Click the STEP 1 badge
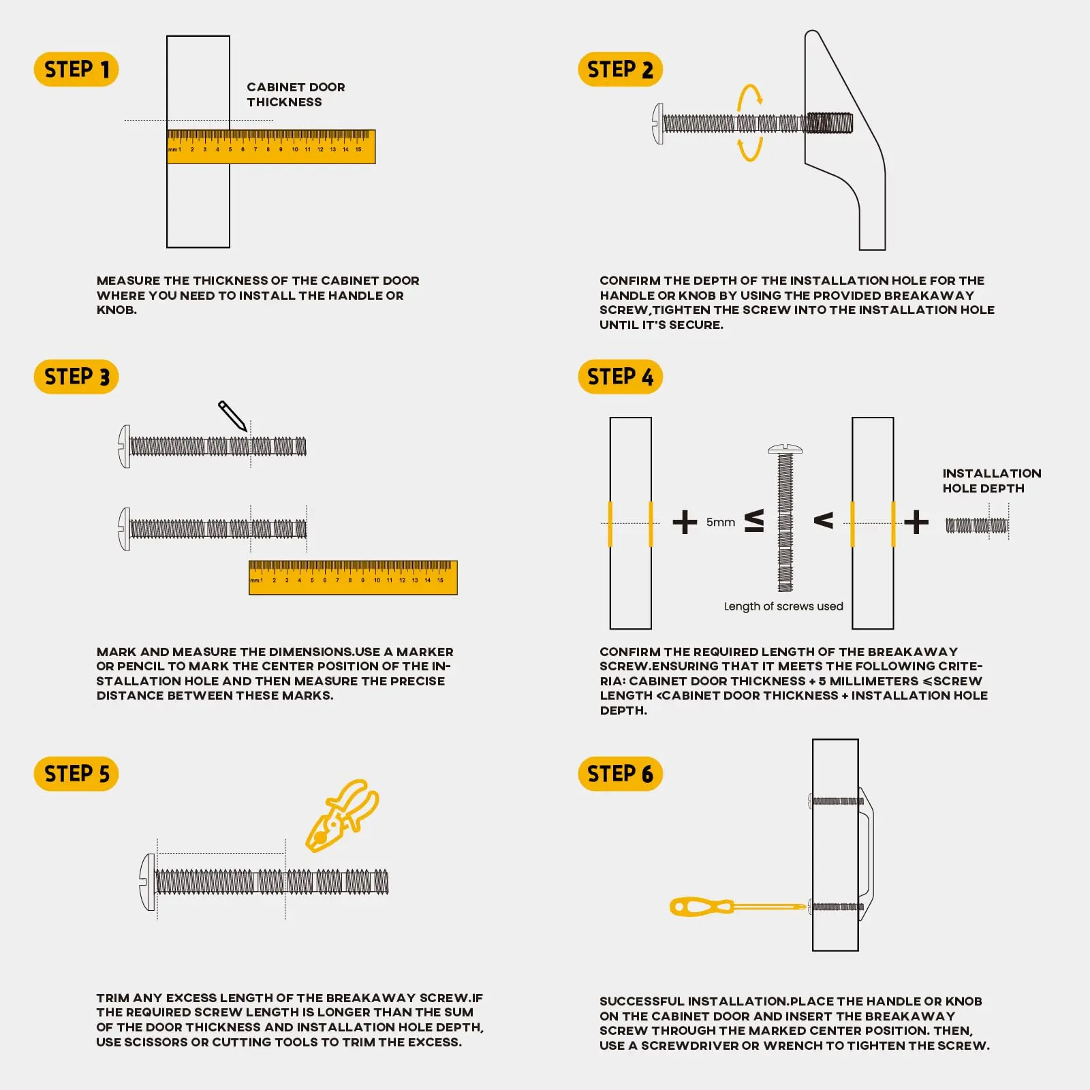[x=76, y=69]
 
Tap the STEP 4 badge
[x=620, y=377]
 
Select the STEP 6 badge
[x=620, y=774]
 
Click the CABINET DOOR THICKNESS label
[x=296, y=95]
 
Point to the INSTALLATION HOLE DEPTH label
[x=991, y=480]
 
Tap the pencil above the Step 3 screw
[x=232, y=416]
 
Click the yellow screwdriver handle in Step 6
[x=702, y=907]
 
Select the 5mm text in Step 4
[x=721, y=522]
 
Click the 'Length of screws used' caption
[x=783, y=606]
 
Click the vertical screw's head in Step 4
[x=785, y=450]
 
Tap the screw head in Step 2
[x=657, y=124]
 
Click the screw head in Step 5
[x=148, y=882]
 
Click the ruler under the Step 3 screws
[x=353, y=578]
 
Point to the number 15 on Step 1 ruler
[x=358, y=149]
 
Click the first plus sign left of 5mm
[x=685, y=523]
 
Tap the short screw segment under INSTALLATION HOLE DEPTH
[x=976, y=525]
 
